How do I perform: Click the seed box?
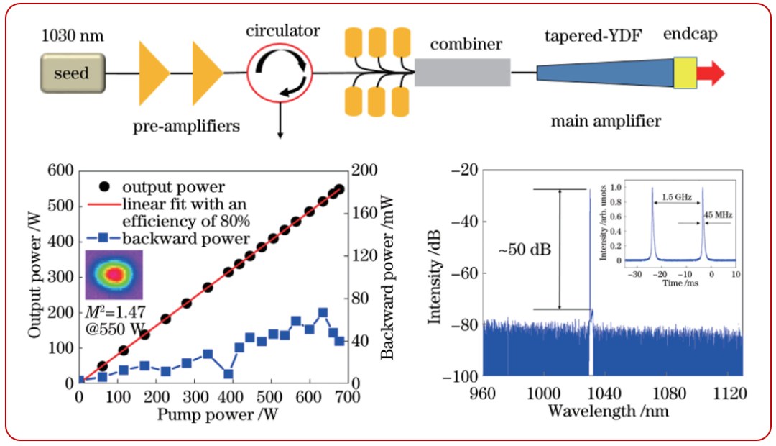tap(72, 73)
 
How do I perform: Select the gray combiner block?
tap(462, 73)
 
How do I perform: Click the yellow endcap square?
tap(685, 73)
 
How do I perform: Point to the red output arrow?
tap(711, 73)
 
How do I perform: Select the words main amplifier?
tap(605, 119)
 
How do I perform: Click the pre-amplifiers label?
tap(185, 127)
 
